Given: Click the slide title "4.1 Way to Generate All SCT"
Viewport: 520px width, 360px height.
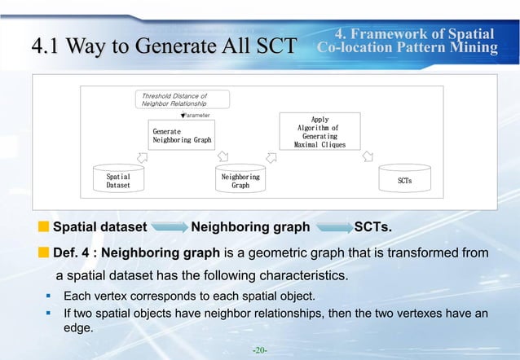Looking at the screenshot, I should [x=162, y=46].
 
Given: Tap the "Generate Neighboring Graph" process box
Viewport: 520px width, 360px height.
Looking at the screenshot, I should [x=182, y=135].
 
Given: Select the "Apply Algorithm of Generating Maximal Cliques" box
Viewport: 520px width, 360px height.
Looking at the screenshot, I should [x=319, y=132].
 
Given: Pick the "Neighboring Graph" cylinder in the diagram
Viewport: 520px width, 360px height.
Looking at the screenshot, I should [x=240, y=179].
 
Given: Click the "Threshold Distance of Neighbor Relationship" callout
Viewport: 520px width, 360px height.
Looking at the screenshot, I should [x=184, y=100].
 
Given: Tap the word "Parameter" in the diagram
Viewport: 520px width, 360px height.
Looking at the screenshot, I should [x=197, y=116].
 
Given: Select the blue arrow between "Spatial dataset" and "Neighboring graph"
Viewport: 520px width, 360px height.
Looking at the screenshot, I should [x=168, y=226].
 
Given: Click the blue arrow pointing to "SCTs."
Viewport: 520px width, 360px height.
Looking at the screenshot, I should [x=333, y=226].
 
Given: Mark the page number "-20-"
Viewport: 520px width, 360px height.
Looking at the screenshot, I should [x=260, y=350].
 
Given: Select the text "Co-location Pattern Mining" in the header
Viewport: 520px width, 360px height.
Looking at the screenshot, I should [x=408, y=48].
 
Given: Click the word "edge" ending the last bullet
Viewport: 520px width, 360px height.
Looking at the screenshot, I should [x=78, y=328].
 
